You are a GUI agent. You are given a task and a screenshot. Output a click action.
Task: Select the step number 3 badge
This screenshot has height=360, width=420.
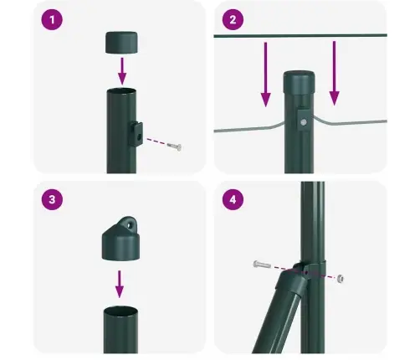pyautogui.click(x=52, y=201)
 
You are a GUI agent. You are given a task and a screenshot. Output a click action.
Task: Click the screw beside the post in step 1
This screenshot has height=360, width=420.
pyautogui.click(x=173, y=147)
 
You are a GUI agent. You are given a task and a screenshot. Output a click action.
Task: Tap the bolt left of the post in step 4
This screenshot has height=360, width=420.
pyautogui.click(x=261, y=265)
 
